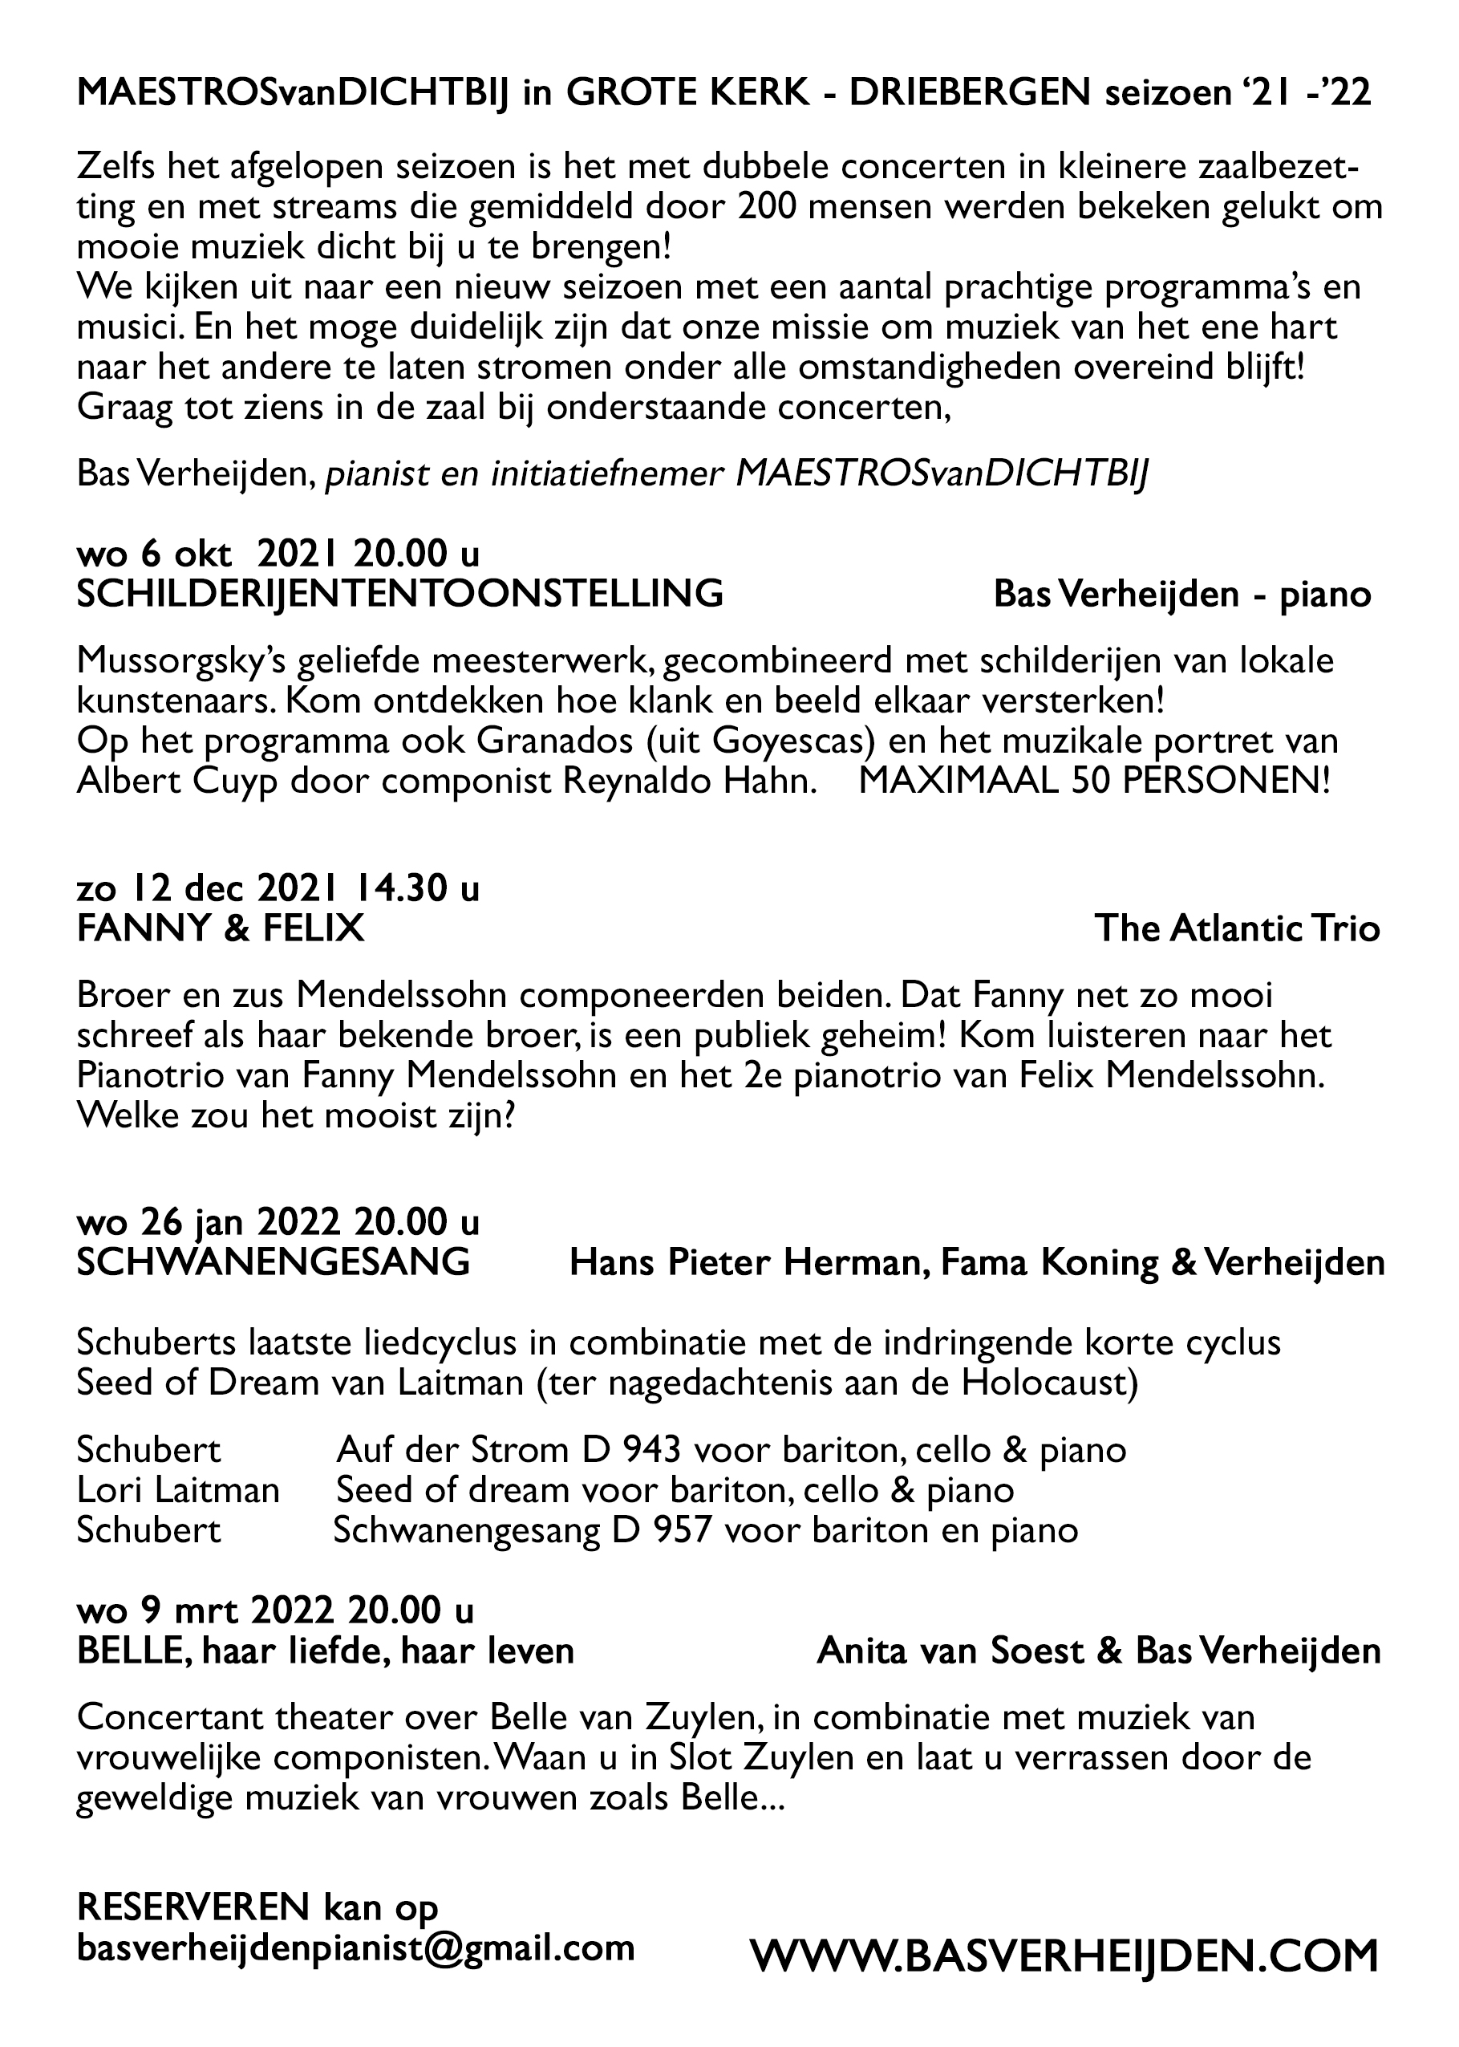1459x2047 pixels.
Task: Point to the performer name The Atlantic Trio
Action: pyautogui.click(x=1237, y=929)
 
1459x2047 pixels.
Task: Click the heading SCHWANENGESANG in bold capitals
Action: pyautogui.click(x=274, y=1262)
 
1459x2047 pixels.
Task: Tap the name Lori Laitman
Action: pyautogui.click(x=178, y=1490)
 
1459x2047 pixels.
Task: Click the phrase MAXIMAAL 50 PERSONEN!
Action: pyautogui.click(x=1093, y=781)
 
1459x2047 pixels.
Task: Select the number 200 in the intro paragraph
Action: pyautogui.click(x=769, y=208)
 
